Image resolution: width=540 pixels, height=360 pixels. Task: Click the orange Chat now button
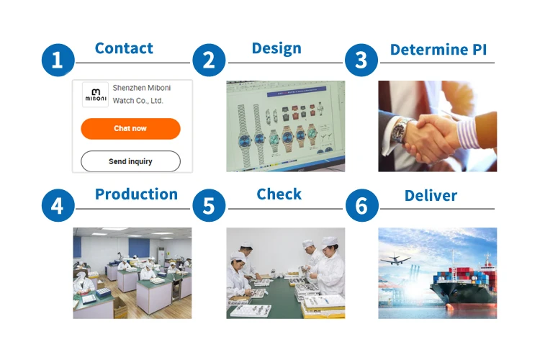(130, 128)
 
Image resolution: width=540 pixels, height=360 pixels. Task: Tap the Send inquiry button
(130, 161)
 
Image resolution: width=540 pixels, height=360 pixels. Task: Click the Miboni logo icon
(95, 95)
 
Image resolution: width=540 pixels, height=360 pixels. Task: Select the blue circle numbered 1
(58, 60)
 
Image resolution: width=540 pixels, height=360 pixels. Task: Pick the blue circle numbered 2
(209, 60)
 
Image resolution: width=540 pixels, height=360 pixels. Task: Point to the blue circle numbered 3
(361, 60)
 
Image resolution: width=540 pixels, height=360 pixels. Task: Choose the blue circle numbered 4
(58, 205)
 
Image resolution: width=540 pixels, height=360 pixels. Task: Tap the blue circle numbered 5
(209, 205)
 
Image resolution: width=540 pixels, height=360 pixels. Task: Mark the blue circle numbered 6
(361, 205)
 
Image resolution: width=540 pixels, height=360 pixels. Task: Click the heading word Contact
(124, 48)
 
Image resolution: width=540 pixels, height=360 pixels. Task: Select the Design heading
(276, 49)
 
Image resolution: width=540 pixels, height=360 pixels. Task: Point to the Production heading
(136, 194)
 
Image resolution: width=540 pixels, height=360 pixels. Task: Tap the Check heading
(279, 194)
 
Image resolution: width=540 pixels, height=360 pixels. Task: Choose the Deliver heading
(431, 196)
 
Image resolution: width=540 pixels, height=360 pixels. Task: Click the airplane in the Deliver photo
(395, 259)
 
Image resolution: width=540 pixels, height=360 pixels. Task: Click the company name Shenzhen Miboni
(142, 88)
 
